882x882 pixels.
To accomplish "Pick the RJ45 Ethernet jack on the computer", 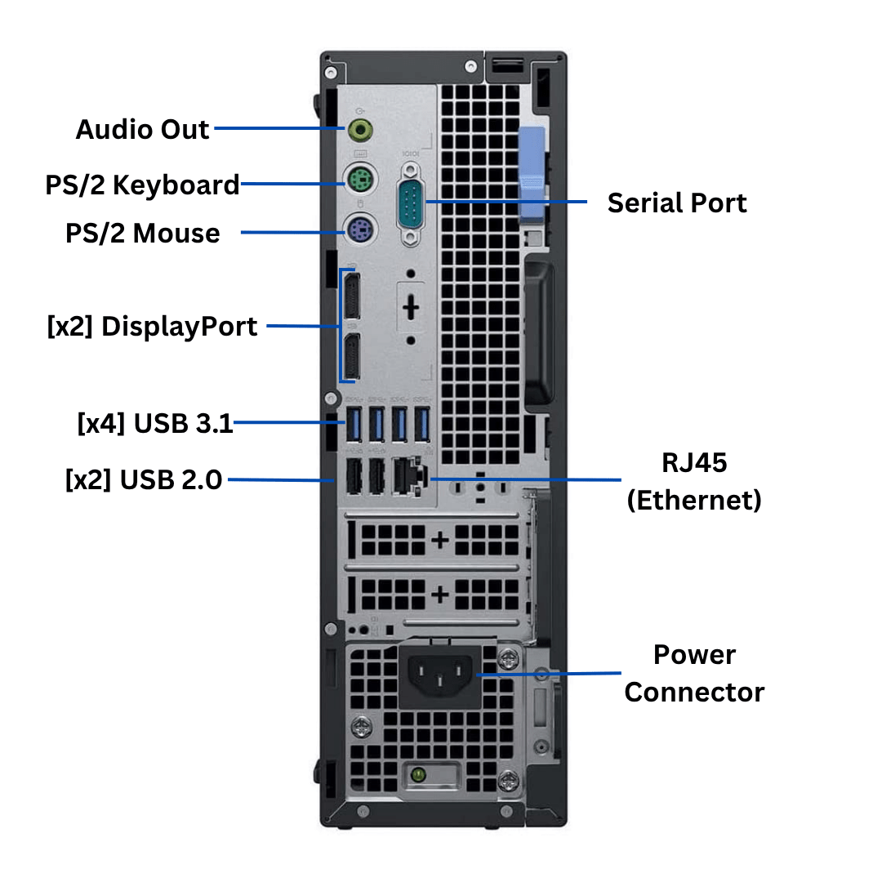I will point(406,477).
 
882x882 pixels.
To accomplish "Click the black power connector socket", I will point(439,675).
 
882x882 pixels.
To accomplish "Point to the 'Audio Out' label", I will point(142,129).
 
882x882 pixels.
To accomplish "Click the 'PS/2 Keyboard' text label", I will point(142,185).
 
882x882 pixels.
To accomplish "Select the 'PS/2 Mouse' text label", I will point(142,233).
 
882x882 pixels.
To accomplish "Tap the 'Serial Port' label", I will point(676,203).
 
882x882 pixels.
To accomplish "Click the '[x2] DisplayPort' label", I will point(152,326).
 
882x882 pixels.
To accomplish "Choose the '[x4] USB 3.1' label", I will point(155,423).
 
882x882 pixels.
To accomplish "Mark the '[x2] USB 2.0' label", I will point(143,479).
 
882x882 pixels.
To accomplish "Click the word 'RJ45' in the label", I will point(693,462).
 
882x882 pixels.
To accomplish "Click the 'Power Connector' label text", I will point(693,673).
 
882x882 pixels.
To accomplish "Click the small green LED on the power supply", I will point(417,772).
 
